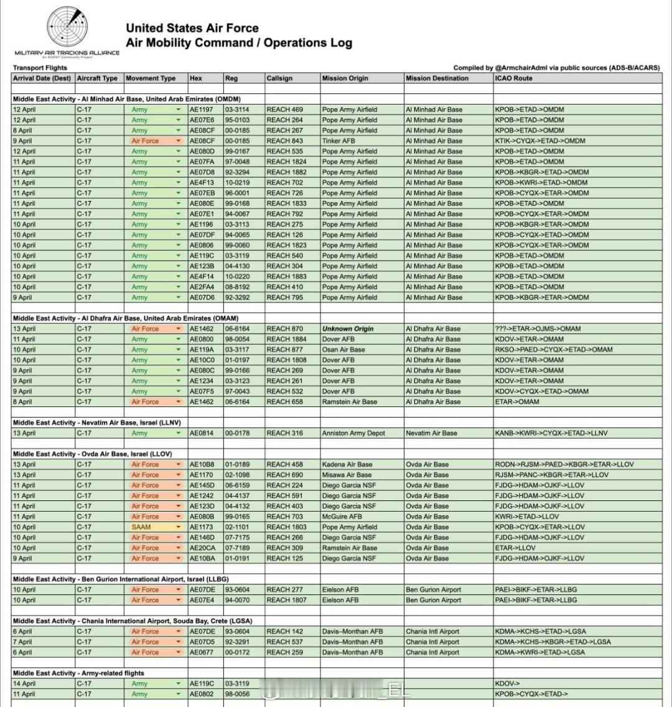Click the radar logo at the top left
pyautogui.click(x=67, y=28)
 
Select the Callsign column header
pyautogui.click(x=279, y=78)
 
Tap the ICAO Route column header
pyautogui.click(x=514, y=78)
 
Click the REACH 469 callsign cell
pyautogui.click(x=284, y=110)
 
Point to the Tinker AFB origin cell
pyautogui.click(x=339, y=141)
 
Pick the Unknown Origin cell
pyautogui.click(x=348, y=329)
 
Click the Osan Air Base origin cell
pyautogui.click(x=343, y=350)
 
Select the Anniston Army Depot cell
pyautogui.click(x=353, y=433)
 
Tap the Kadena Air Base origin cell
pyautogui.click(x=347, y=464)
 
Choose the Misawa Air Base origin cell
pyautogui.click(x=347, y=475)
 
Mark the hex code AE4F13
pyautogui.click(x=202, y=183)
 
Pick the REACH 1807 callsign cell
pyautogui.click(x=287, y=600)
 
